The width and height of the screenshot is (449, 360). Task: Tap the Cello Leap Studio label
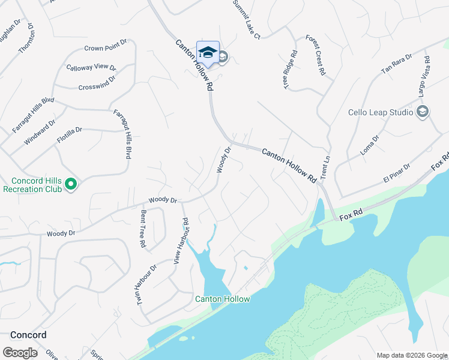pyautogui.click(x=381, y=112)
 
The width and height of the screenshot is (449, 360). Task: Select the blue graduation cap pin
pyautogui.click(x=208, y=53)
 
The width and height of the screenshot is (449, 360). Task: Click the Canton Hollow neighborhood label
pyautogui.click(x=222, y=299)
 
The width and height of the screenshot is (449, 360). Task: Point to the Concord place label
pyautogui.click(x=28, y=334)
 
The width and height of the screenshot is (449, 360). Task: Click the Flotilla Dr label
pyautogui.click(x=70, y=130)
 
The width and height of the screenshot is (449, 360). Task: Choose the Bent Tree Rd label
pyautogui.click(x=143, y=229)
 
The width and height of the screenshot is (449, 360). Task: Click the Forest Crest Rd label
pyautogui.click(x=316, y=55)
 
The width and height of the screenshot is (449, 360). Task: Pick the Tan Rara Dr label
pyautogui.click(x=397, y=64)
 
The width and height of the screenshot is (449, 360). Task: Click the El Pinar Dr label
pyautogui.click(x=396, y=172)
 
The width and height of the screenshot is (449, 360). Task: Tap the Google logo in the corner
pyautogui.click(x=20, y=353)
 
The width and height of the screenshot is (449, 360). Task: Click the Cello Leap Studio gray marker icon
pyautogui.click(x=423, y=112)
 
